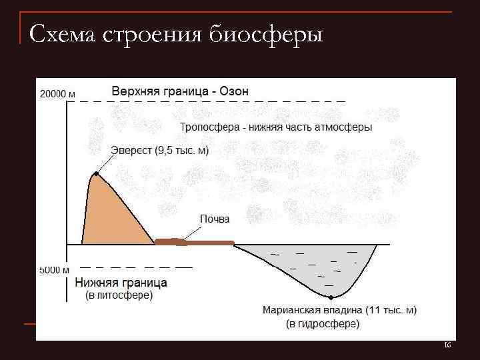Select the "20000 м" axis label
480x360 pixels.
click(54, 94)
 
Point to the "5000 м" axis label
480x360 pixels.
click(54, 270)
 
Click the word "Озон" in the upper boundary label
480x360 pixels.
click(233, 91)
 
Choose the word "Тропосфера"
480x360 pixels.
click(209, 127)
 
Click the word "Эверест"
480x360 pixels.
click(131, 151)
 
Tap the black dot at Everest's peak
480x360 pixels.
click(97, 174)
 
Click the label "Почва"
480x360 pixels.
click(215, 219)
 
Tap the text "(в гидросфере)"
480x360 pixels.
click(323, 325)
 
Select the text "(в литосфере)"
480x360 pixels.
click(118, 295)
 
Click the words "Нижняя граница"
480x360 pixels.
click(121, 283)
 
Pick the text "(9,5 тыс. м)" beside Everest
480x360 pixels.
click(182, 151)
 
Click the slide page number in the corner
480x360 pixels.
click(447, 345)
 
